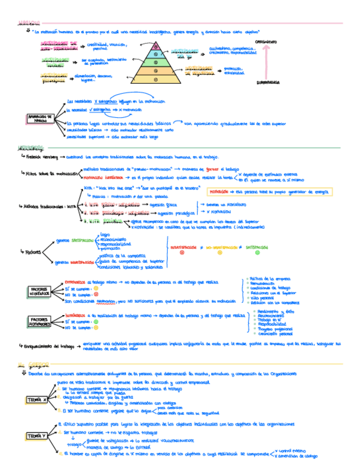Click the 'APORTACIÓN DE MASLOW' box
click(40, 118)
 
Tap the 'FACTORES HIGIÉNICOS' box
click(40, 291)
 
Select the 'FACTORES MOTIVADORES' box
click(40, 321)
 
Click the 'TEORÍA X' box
click(37, 399)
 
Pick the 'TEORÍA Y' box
click(37, 436)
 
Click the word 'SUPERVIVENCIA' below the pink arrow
click(269, 82)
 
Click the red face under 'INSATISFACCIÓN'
click(182, 253)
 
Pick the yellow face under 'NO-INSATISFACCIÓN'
click(220, 253)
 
